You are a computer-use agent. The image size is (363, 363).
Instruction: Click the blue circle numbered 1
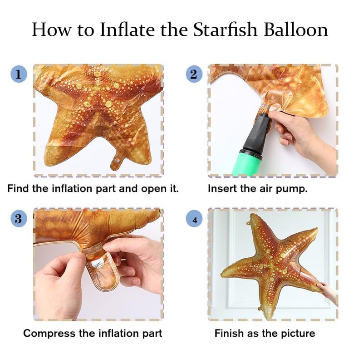[19, 74]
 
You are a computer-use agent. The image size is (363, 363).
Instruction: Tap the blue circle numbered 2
[194, 74]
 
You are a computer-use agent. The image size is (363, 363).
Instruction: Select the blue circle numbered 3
[19, 219]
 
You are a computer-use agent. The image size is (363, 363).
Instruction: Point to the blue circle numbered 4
[194, 219]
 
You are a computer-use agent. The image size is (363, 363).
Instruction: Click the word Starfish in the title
[225, 29]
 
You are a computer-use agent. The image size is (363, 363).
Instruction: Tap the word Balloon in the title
[296, 29]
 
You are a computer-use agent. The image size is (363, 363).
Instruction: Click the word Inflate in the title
[128, 29]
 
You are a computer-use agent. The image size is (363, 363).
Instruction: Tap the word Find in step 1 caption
[18, 188]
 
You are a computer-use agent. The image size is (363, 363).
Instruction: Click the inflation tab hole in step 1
[118, 160]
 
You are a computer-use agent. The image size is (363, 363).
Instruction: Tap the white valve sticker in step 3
[97, 264]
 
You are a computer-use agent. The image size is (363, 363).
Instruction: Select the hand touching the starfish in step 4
[328, 292]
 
